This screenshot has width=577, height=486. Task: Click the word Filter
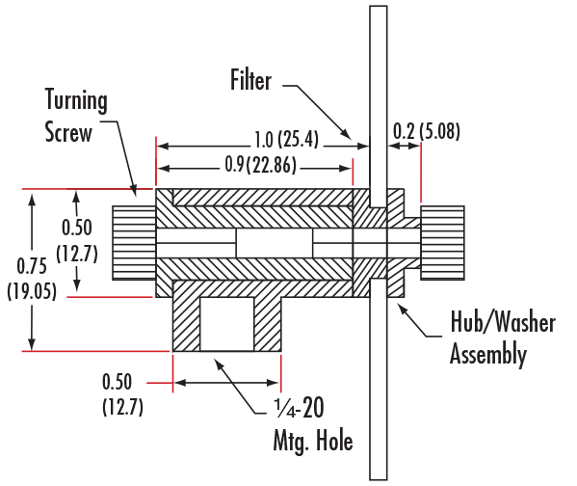point(250,80)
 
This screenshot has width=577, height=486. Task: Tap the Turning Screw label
point(75,116)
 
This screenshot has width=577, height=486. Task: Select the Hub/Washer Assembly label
point(503,337)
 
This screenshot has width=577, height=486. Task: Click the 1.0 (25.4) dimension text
point(286,140)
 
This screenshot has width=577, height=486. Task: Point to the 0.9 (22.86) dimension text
point(260,165)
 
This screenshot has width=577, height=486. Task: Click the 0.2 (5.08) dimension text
point(427,131)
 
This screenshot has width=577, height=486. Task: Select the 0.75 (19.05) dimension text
point(32,279)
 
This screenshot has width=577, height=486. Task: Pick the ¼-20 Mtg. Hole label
point(313,424)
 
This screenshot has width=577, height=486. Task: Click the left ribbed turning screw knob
point(134,243)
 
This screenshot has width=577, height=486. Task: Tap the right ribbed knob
point(442,243)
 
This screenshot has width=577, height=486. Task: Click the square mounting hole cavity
point(227,324)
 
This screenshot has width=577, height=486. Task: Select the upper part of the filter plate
point(379,106)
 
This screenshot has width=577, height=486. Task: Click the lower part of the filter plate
point(379,379)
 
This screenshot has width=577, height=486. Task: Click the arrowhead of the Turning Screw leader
point(134,191)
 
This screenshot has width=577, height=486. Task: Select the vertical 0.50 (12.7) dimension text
point(77,240)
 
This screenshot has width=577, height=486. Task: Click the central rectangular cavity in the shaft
point(275,243)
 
